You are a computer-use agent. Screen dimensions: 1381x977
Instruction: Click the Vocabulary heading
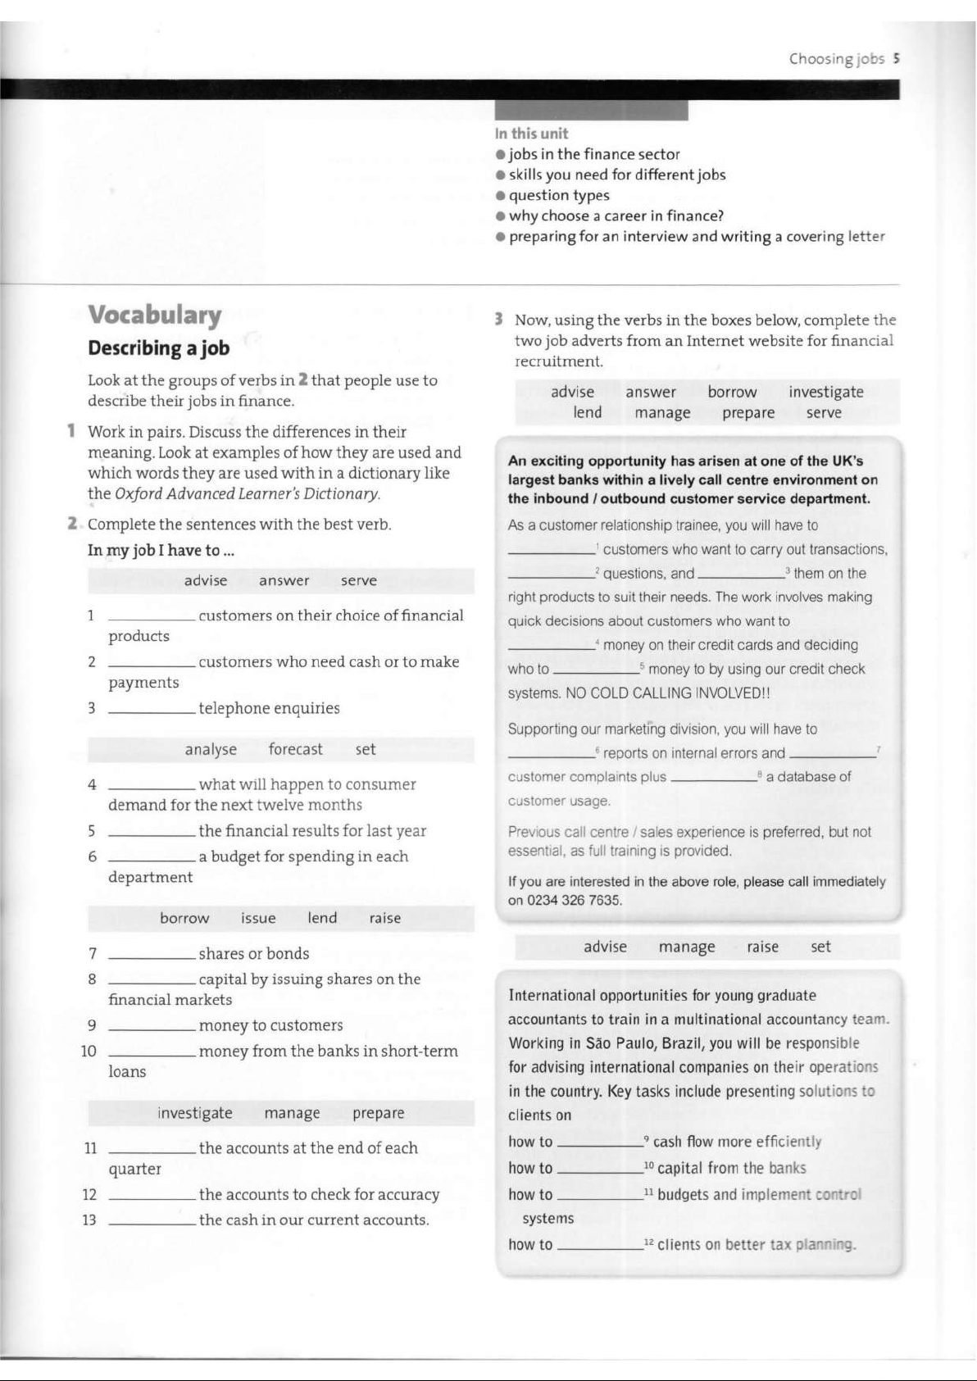pos(155,315)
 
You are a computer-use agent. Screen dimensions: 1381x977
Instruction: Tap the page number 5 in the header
pos(897,58)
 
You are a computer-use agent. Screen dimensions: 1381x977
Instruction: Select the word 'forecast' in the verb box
pos(295,749)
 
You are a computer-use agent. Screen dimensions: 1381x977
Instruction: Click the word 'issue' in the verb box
pos(258,918)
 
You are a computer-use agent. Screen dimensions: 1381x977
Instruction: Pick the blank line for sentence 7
pos(152,956)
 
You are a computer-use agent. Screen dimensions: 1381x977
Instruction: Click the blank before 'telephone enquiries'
pos(152,711)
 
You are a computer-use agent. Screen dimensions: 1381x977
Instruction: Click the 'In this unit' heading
pos(531,134)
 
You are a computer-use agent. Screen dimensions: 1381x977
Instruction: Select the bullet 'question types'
pos(558,195)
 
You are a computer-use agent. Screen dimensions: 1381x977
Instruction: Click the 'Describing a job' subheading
pos(159,348)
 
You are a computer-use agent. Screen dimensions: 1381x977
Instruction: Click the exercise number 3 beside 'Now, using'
pos(498,320)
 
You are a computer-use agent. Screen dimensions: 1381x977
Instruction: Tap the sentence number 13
pos(89,1220)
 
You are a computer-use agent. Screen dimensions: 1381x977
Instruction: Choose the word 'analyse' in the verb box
pos(211,749)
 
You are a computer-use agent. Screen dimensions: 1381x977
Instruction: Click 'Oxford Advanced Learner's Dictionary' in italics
pos(247,493)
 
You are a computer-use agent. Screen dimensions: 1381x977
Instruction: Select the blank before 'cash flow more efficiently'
pos(600,1144)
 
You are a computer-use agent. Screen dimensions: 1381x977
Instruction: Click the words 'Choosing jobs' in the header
pos(836,58)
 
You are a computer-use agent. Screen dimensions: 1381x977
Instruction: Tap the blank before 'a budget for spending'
pos(152,860)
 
